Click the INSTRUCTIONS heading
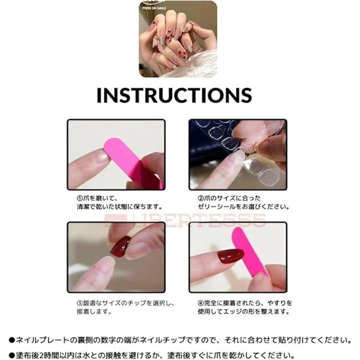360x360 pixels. coord(174,95)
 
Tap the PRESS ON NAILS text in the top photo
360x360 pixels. coord(154,8)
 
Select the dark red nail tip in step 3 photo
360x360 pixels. coord(120,246)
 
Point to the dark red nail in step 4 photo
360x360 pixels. coord(230,256)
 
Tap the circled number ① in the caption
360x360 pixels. coord(79,198)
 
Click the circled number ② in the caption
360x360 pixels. coord(200,198)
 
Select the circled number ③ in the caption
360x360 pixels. coord(79,303)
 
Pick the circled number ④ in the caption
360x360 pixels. coord(200,303)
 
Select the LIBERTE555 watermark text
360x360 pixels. coord(185,220)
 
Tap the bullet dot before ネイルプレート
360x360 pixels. coord(11,340)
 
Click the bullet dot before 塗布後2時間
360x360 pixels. coord(11,356)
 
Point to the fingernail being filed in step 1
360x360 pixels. coord(100,156)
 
